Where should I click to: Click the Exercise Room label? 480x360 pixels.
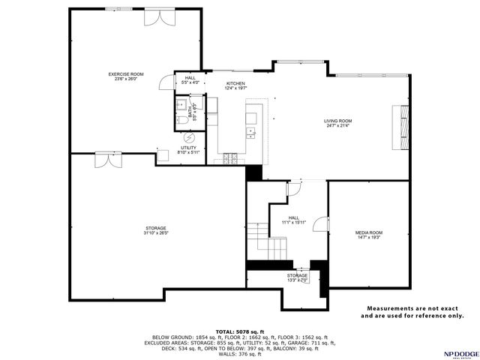(125, 74)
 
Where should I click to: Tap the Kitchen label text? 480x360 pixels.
(235, 83)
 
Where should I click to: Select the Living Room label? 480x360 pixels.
(338, 121)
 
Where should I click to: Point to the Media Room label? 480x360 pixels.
(368, 232)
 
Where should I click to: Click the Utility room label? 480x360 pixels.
(187, 148)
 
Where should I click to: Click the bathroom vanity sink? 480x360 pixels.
(181, 103)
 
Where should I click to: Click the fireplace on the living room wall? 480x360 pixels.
(404, 125)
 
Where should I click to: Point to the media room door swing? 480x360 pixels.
(322, 223)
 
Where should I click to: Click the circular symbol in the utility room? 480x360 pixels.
(189, 137)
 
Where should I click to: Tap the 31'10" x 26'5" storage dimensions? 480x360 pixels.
(156, 232)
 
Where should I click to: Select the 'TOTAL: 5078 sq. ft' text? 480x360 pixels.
(240, 331)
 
